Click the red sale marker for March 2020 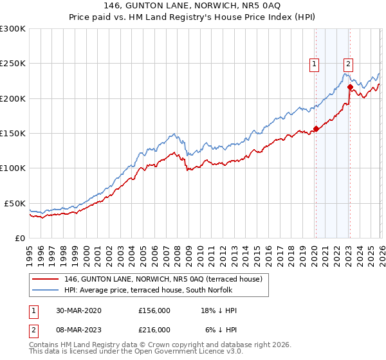pyautogui.click(x=316, y=129)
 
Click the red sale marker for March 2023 pyautogui.click(x=349, y=87)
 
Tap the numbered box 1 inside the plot pyautogui.click(x=315, y=64)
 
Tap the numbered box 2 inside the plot pyautogui.click(x=348, y=64)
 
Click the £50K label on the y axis pyautogui.click(x=15, y=203)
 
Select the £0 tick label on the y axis pyautogui.click(x=21, y=238)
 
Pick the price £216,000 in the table pyautogui.click(x=154, y=329)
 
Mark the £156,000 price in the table pyautogui.click(x=154, y=310)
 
